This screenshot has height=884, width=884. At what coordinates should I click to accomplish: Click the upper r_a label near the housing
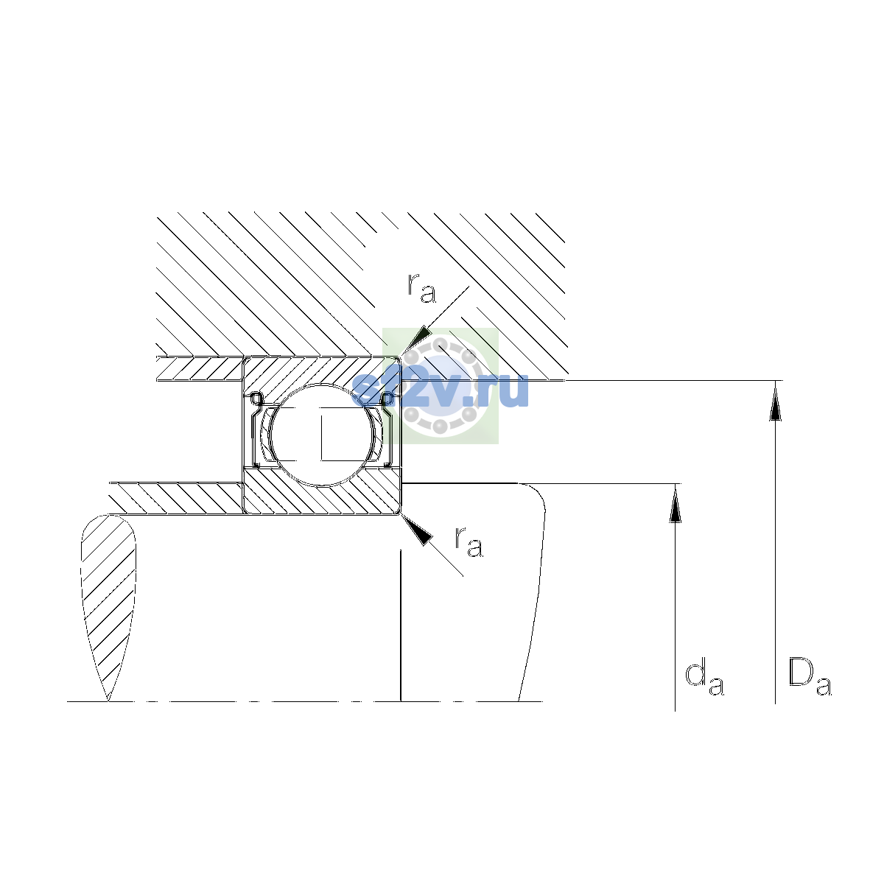pyautogui.click(x=421, y=288)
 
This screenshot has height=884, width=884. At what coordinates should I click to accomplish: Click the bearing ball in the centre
pyautogui.click(x=322, y=435)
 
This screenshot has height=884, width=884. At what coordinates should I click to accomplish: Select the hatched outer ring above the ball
pyautogui.click(x=321, y=373)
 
